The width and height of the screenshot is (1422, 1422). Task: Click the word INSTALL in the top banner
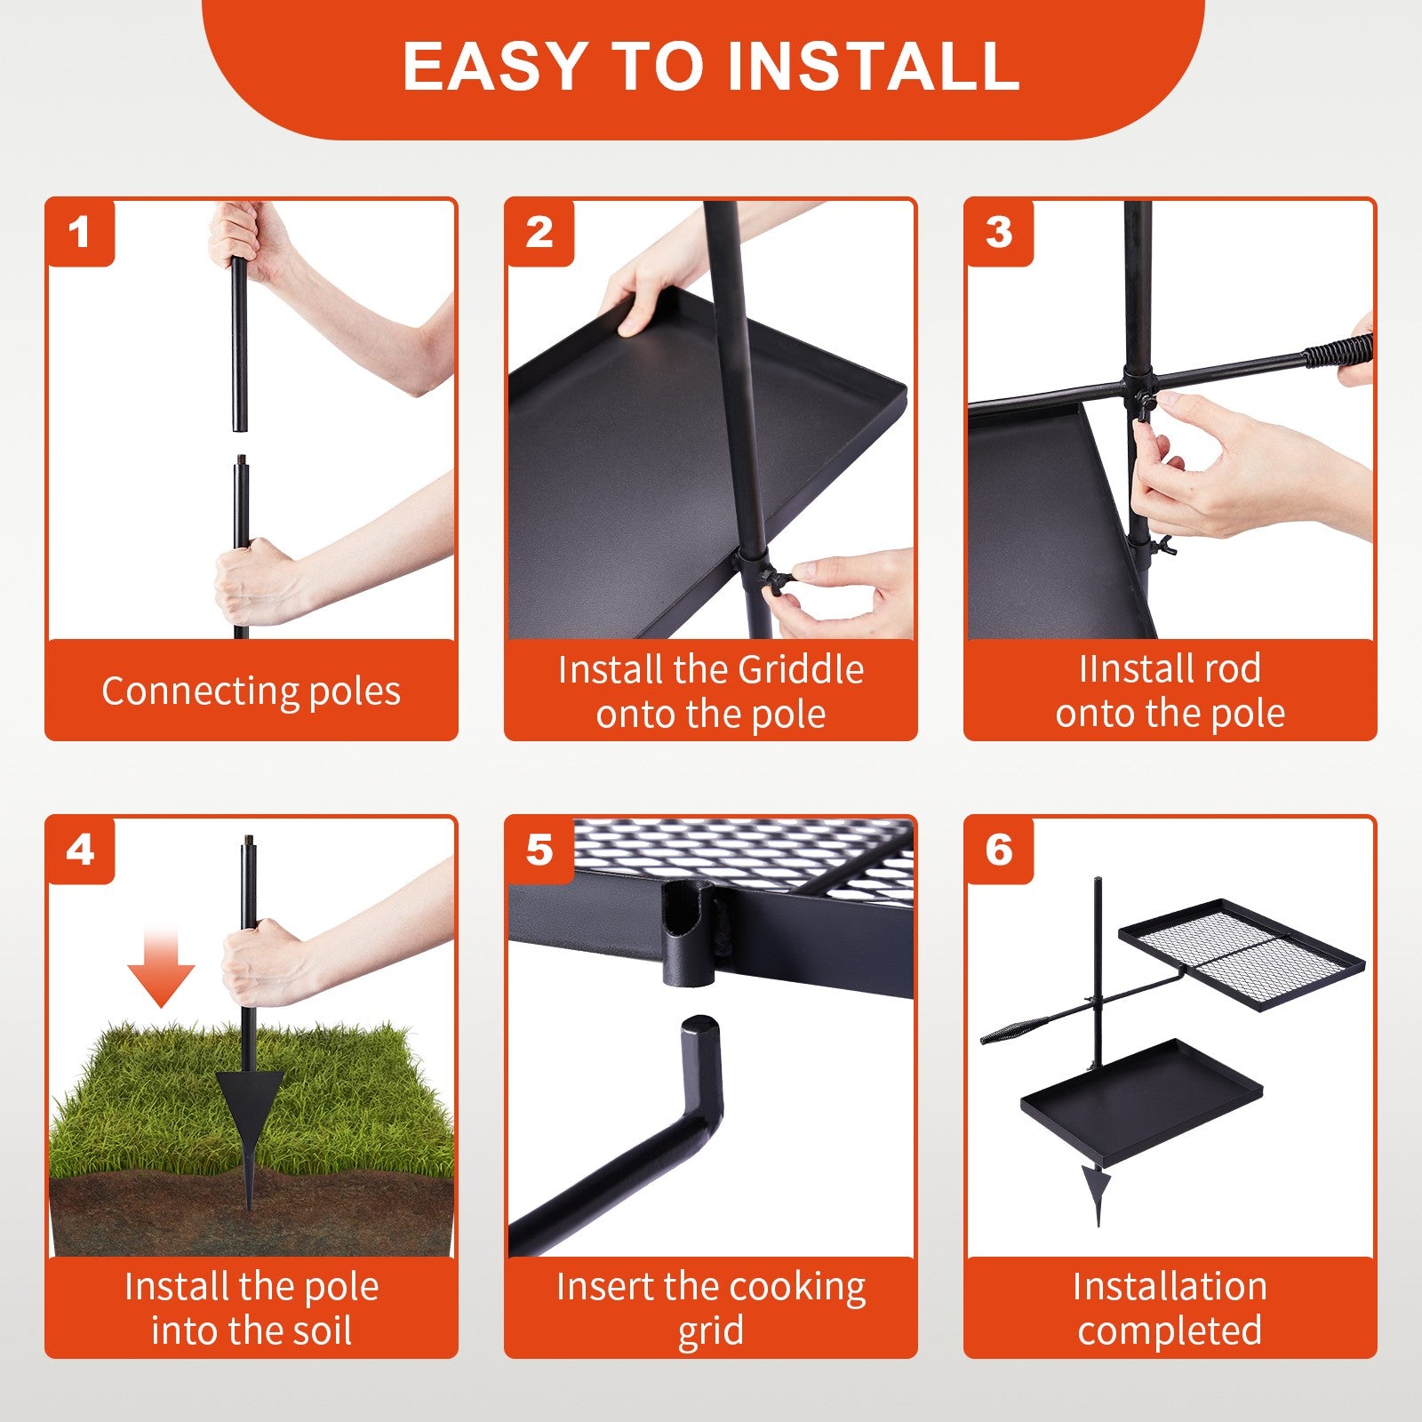point(874,65)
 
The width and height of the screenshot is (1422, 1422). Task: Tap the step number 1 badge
point(80,233)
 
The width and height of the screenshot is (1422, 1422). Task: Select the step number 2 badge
point(539,233)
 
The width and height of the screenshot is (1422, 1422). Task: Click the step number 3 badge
point(999,233)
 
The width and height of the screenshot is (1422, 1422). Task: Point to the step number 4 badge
point(80,851)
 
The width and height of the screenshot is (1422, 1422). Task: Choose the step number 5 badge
point(539,851)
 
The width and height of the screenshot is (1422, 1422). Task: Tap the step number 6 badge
point(999,851)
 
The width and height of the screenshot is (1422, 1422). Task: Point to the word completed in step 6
point(1170,1331)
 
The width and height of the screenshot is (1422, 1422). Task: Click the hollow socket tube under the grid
point(688,933)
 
